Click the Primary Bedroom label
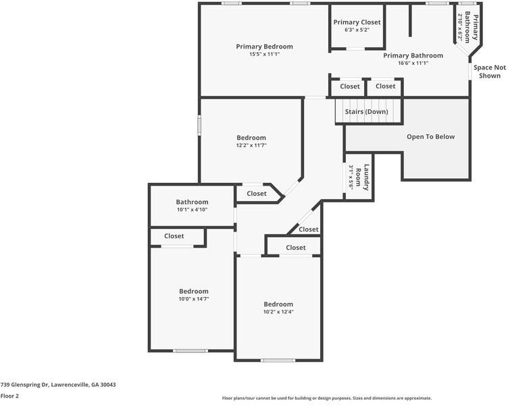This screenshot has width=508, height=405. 264,47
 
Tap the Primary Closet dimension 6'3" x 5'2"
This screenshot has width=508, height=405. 356,30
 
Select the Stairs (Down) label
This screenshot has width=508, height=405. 366,111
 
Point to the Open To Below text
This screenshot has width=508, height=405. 430,136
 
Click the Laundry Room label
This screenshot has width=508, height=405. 363,178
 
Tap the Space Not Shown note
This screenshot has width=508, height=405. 489,72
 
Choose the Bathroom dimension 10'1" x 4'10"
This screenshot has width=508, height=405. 192,210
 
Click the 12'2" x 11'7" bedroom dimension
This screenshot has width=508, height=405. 251,145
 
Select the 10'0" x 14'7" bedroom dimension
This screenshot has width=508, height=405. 193,298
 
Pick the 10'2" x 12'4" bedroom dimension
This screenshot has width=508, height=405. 278,312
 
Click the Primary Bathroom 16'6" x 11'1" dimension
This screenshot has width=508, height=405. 413,63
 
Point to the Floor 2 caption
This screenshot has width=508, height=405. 10,396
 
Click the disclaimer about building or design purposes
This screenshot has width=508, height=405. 327,398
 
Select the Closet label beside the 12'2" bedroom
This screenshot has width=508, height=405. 257,194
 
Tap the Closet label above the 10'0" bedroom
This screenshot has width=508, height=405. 174,236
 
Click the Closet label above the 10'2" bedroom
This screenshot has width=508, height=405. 295,248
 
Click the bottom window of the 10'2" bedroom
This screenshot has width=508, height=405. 278,360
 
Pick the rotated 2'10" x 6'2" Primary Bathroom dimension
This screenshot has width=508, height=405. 461,28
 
